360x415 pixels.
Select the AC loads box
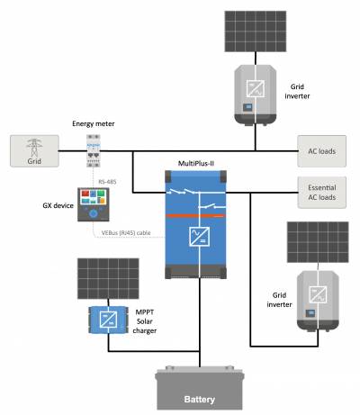321,149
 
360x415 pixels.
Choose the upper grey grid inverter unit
255,92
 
